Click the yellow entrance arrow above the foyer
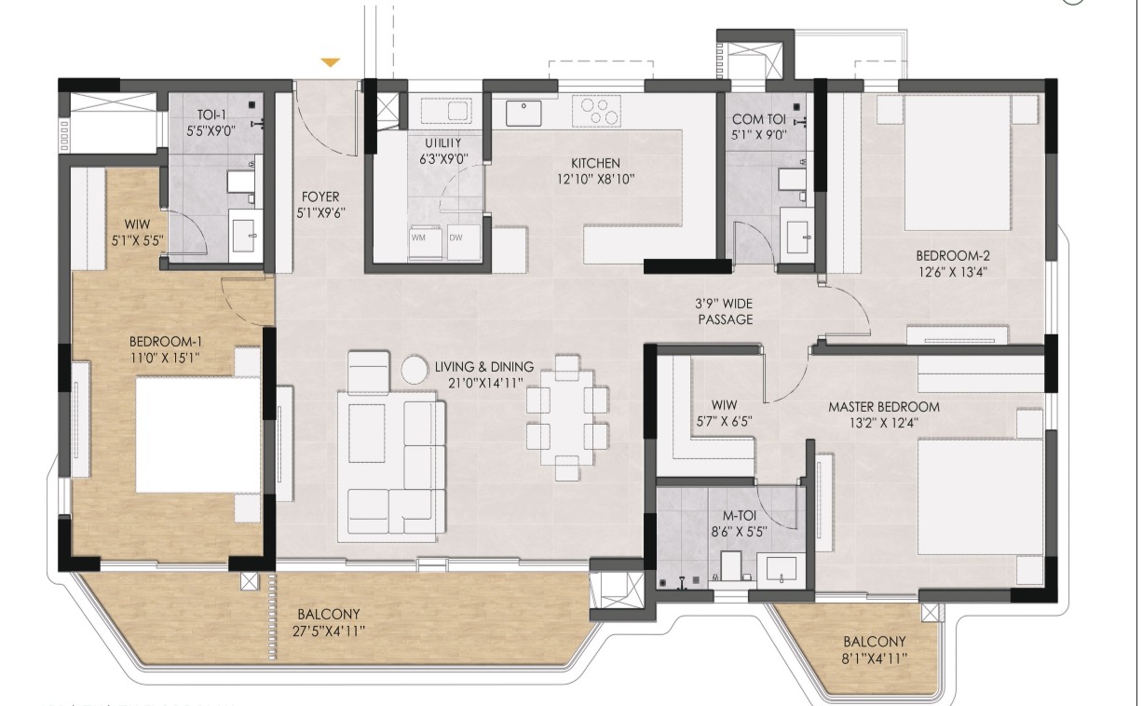coord(331,62)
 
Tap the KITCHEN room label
coord(595,163)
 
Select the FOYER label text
coord(320,197)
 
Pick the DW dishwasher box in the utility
coord(464,243)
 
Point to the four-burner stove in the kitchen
coord(596,112)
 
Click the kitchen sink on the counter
coord(523,113)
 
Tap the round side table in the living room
coord(414,370)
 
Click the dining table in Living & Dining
coord(567,418)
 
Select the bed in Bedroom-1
coord(198,434)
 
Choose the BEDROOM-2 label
coord(952,255)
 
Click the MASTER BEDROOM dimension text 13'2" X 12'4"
coord(884,423)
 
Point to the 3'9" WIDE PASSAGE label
coord(725,311)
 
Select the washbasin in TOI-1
coord(245,236)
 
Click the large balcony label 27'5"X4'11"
coord(329,631)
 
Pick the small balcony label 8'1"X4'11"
coord(875,658)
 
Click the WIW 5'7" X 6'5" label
coord(724,414)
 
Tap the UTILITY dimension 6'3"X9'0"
coord(443,159)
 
